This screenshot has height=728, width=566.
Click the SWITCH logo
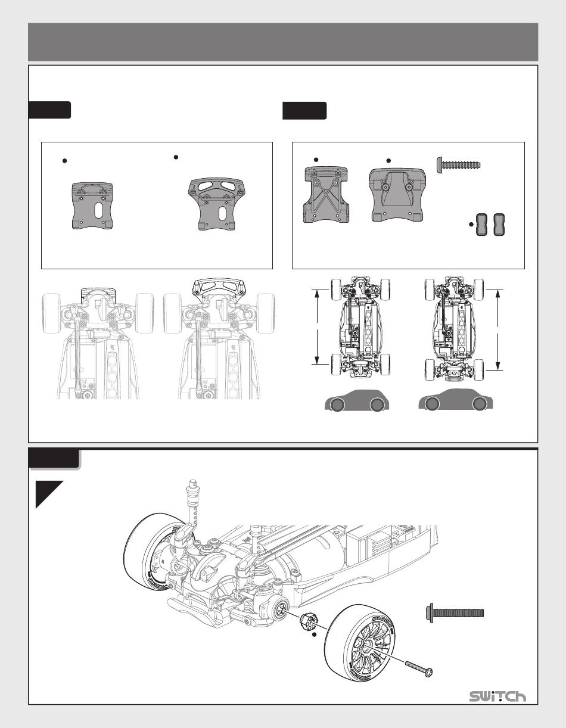coord(497,696)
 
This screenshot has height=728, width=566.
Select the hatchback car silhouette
coord(357,400)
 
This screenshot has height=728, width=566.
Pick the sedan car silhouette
coord(455,400)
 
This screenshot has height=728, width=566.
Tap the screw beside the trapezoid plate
coord(459,165)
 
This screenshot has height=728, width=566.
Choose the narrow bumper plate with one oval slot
coord(92,206)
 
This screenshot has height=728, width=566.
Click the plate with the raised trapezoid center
coord(397,195)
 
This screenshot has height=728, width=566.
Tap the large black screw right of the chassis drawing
coord(455,613)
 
